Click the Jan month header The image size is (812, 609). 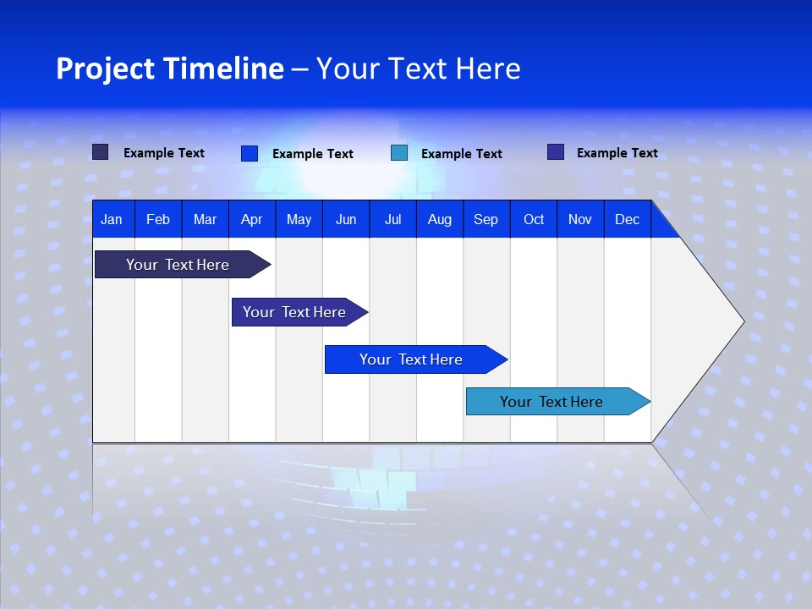(112, 219)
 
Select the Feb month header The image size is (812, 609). (158, 219)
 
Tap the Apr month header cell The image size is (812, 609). (252, 219)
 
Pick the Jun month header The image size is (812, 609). (346, 219)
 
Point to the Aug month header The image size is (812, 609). (440, 219)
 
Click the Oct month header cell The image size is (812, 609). (534, 219)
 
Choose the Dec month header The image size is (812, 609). (628, 219)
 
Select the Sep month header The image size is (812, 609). (486, 219)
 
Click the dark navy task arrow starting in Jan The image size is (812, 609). (178, 265)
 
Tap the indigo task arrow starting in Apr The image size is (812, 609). (294, 312)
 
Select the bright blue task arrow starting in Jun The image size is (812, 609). (411, 359)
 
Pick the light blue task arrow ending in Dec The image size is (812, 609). (551, 402)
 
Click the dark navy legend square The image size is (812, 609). (100, 152)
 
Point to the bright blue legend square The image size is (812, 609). (249, 153)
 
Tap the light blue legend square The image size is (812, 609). (399, 153)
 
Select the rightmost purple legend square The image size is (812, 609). (556, 152)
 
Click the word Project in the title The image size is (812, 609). (104, 69)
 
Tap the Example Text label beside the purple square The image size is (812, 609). (617, 153)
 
